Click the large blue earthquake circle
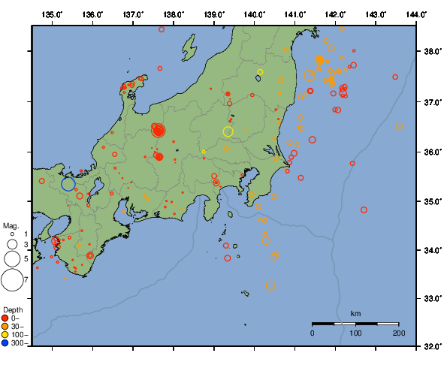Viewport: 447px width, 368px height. click(x=68, y=184)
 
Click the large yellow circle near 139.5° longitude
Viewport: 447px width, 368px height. click(x=228, y=132)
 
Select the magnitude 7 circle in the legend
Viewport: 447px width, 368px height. click(x=11, y=280)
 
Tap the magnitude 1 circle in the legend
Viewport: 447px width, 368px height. click(x=11, y=234)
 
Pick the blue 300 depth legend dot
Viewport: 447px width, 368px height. click(x=5, y=343)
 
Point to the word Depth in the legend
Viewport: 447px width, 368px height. click(x=13, y=310)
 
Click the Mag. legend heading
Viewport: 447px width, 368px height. click(x=11, y=225)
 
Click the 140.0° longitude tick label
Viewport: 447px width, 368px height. click(x=255, y=14)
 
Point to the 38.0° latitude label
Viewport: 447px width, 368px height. click(x=432, y=52)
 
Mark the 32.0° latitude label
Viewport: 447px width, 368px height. click(x=432, y=348)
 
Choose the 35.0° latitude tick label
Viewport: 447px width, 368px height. click(x=432, y=201)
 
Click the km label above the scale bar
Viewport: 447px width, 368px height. click(x=355, y=313)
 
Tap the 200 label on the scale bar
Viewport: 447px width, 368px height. click(x=399, y=332)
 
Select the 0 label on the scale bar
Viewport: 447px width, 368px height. click(x=313, y=332)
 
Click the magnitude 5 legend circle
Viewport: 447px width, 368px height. click(x=11, y=258)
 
